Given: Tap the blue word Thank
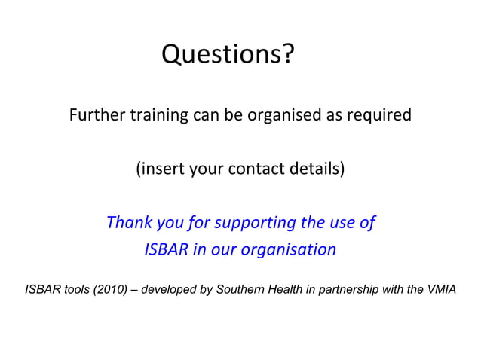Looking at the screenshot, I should (130, 223).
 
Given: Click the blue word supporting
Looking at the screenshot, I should (255, 223).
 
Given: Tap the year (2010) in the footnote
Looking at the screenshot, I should (109, 290).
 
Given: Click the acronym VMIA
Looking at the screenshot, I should (440, 290).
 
